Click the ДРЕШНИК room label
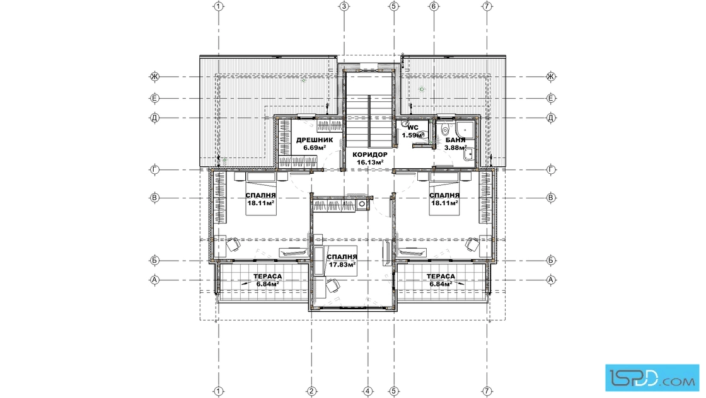[x=315, y=144]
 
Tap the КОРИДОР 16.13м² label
[x=370, y=158]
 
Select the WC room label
[x=413, y=132]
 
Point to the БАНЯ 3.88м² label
[x=455, y=144]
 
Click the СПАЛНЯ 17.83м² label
[x=342, y=261]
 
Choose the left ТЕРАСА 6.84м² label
[x=267, y=280]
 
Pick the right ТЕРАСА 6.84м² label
[x=441, y=280]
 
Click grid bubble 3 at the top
[x=344, y=6]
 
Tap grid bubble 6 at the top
[x=434, y=6]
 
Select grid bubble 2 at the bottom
[x=311, y=391]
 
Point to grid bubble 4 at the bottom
[x=368, y=391]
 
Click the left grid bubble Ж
[x=154, y=76]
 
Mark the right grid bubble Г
[x=551, y=169]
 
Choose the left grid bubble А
[x=154, y=280]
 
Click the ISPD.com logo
[x=652, y=377]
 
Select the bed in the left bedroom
[x=260, y=193]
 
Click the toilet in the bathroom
[x=445, y=130]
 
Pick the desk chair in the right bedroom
[x=472, y=244]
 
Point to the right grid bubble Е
[x=551, y=98]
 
